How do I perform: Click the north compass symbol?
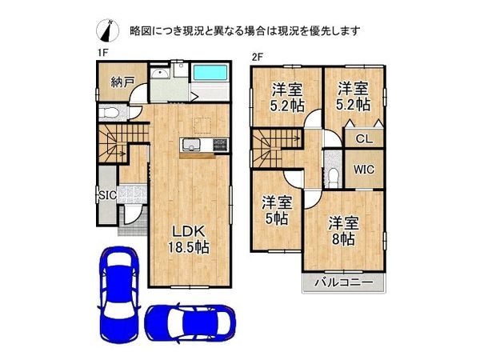pos(108,30)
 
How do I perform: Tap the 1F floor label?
pos(103,53)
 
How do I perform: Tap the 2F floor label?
pos(258,57)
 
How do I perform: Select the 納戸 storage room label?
pos(122,82)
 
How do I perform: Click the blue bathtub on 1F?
pos(210,73)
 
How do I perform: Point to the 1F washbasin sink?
pos(161,74)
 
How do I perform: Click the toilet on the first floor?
pos(110,113)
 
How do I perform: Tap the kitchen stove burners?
pos(221,145)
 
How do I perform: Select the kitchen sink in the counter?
pos(191,145)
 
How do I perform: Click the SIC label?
pos(107,195)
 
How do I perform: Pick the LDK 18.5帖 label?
pos(188,239)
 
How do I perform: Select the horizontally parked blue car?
pos(190,322)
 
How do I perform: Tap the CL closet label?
pos(364,139)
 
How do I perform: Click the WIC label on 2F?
pos(364,170)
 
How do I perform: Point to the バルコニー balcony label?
pos(344,282)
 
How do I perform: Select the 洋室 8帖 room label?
pos(343,231)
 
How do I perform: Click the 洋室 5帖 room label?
pos(277,210)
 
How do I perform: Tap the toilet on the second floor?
pos(332,177)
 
